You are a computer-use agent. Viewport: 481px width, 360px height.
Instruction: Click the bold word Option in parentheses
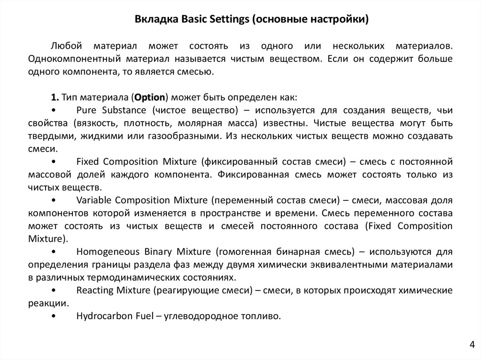pyautogui.click(x=149, y=98)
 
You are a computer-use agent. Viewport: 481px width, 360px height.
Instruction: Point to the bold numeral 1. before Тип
pyautogui.click(x=54, y=98)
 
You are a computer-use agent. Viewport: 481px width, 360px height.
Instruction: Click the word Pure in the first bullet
pyautogui.click(x=86, y=111)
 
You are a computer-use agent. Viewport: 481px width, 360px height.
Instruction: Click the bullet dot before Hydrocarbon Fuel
pyautogui.click(x=54, y=316)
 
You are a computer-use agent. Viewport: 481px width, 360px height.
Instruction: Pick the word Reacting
pyautogui.click(x=94, y=290)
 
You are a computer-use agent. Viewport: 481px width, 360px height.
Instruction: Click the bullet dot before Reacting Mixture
pyautogui.click(x=54, y=290)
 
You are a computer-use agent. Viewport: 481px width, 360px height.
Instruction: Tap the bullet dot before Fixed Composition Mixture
pyautogui.click(x=54, y=162)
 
